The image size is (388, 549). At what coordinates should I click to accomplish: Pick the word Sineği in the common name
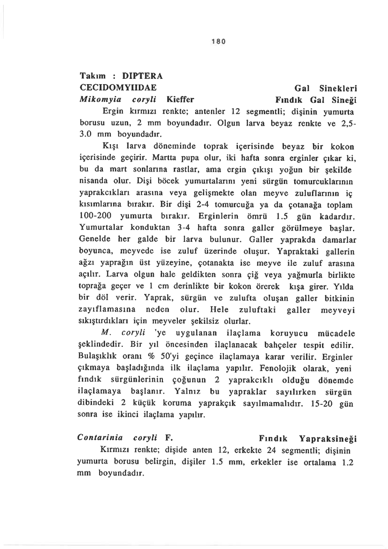tap(345, 99)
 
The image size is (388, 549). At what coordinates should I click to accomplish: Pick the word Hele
tap(221, 310)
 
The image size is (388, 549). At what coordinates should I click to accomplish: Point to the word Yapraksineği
tap(328, 437)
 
